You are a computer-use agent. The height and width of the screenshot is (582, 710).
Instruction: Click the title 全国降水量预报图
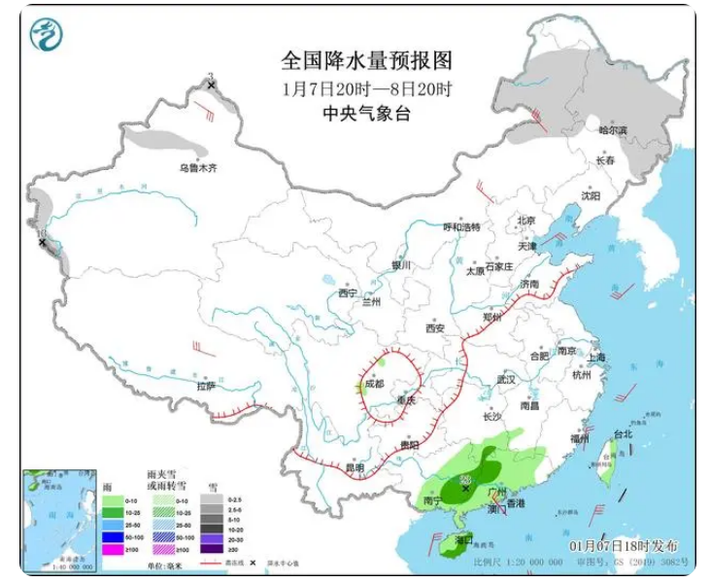366,60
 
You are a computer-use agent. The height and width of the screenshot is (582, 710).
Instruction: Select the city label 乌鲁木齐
198,168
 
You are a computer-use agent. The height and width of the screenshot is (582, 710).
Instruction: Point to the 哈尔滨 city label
613,129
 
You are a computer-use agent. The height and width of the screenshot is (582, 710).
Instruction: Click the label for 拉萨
206,386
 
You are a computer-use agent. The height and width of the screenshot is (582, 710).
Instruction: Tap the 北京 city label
525,221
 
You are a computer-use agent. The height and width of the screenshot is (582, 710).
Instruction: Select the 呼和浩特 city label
462,227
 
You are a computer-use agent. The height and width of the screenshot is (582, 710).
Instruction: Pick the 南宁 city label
433,501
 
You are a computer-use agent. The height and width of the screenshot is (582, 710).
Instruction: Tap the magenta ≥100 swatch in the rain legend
111,552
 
